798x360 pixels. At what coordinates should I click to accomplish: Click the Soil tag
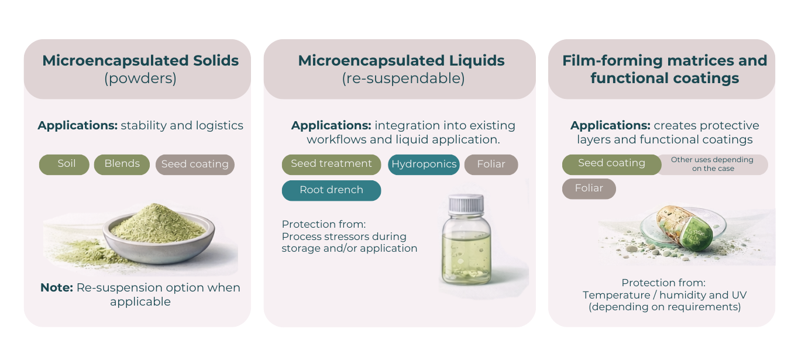(64, 164)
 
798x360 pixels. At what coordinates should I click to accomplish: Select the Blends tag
(122, 164)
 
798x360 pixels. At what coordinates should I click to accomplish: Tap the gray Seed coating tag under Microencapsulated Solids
(195, 164)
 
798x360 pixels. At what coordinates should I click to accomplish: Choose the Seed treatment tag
(331, 164)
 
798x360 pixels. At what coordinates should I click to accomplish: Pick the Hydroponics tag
(424, 164)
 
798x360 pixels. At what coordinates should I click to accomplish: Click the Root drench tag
(331, 190)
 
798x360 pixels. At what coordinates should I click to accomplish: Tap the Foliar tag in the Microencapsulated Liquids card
(491, 164)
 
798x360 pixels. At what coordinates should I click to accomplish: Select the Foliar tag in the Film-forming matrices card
(589, 188)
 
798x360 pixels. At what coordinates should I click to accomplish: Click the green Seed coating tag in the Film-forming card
(612, 164)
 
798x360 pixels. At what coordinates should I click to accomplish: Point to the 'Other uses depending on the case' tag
(713, 164)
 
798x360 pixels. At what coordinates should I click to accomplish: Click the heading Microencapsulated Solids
(140, 61)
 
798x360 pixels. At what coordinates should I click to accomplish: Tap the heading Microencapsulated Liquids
(401, 61)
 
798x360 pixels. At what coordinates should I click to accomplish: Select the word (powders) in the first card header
(140, 78)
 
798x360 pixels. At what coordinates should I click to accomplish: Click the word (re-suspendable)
(403, 78)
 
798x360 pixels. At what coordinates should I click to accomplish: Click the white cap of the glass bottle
(466, 204)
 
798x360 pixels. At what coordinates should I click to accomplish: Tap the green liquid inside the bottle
(466, 256)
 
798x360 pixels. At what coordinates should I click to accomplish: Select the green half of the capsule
(696, 234)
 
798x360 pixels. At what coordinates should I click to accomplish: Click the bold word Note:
(57, 287)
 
